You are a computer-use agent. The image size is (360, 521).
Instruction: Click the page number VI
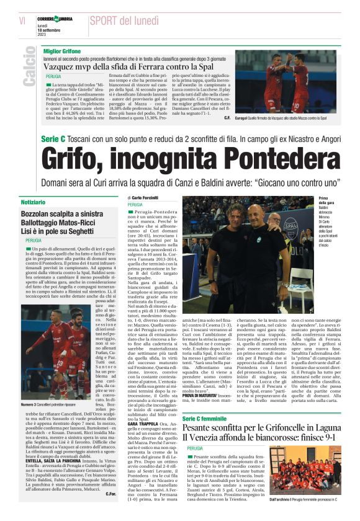click(x=22, y=21)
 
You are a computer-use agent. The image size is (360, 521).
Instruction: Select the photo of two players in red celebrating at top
click(x=286, y=81)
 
